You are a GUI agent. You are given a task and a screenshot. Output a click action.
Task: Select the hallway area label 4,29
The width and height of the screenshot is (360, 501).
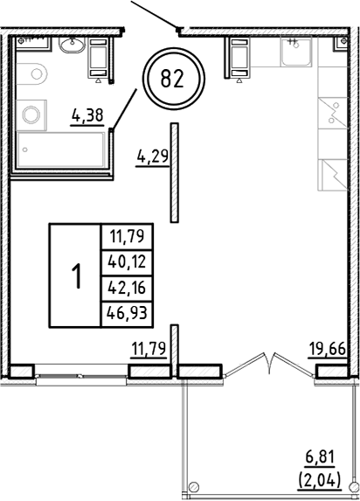coord(151,158)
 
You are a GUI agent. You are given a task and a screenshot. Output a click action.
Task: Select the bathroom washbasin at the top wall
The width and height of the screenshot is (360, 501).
coord(68,45)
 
